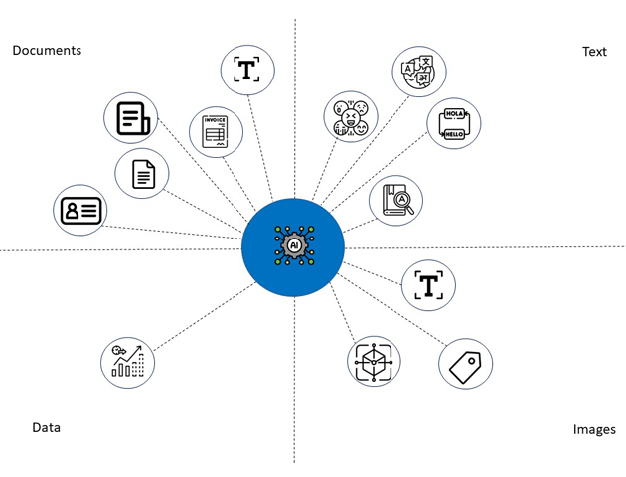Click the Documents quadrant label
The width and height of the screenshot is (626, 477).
click(47, 51)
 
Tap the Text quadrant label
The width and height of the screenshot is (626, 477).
click(594, 52)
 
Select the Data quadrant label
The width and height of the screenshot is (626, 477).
click(47, 428)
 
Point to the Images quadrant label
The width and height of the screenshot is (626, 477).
click(594, 429)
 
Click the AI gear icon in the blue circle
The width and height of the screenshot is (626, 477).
click(294, 245)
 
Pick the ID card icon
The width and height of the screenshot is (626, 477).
click(81, 211)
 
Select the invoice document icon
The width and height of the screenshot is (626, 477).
click(216, 132)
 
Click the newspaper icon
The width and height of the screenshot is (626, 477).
click(133, 118)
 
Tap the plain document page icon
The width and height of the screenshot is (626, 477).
click(144, 174)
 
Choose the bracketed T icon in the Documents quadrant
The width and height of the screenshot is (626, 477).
click(246, 69)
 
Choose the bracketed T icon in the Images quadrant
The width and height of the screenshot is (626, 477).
click(429, 285)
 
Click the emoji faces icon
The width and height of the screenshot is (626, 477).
click(351, 117)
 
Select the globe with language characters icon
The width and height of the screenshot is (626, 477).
click(418, 72)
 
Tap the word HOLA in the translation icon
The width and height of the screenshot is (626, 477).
click(454, 113)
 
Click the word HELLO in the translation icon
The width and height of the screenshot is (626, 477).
click(454, 134)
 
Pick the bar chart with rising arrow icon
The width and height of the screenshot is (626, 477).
click(128, 362)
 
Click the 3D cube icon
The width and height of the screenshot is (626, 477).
click(374, 362)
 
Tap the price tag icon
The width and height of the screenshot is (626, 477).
click(465, 368)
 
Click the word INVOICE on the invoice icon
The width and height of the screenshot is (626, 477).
click(216, 120)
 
